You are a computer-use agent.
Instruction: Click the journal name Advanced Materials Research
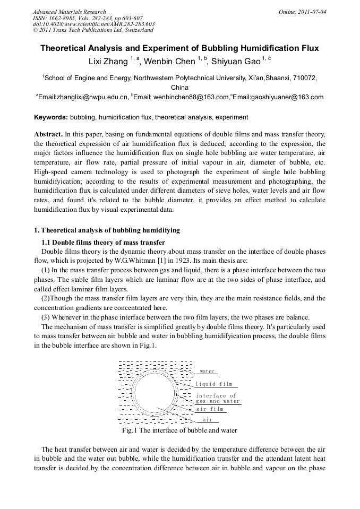point(70,12)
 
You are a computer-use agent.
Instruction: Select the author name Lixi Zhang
point(108,62)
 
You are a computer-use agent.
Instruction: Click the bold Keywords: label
point(51,117)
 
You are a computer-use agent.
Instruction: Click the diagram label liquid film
point(214,384)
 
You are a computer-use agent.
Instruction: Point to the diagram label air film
point(210,409)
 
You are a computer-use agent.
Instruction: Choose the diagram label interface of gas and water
point(217,399)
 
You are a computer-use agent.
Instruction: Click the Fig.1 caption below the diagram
point(179,430)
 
